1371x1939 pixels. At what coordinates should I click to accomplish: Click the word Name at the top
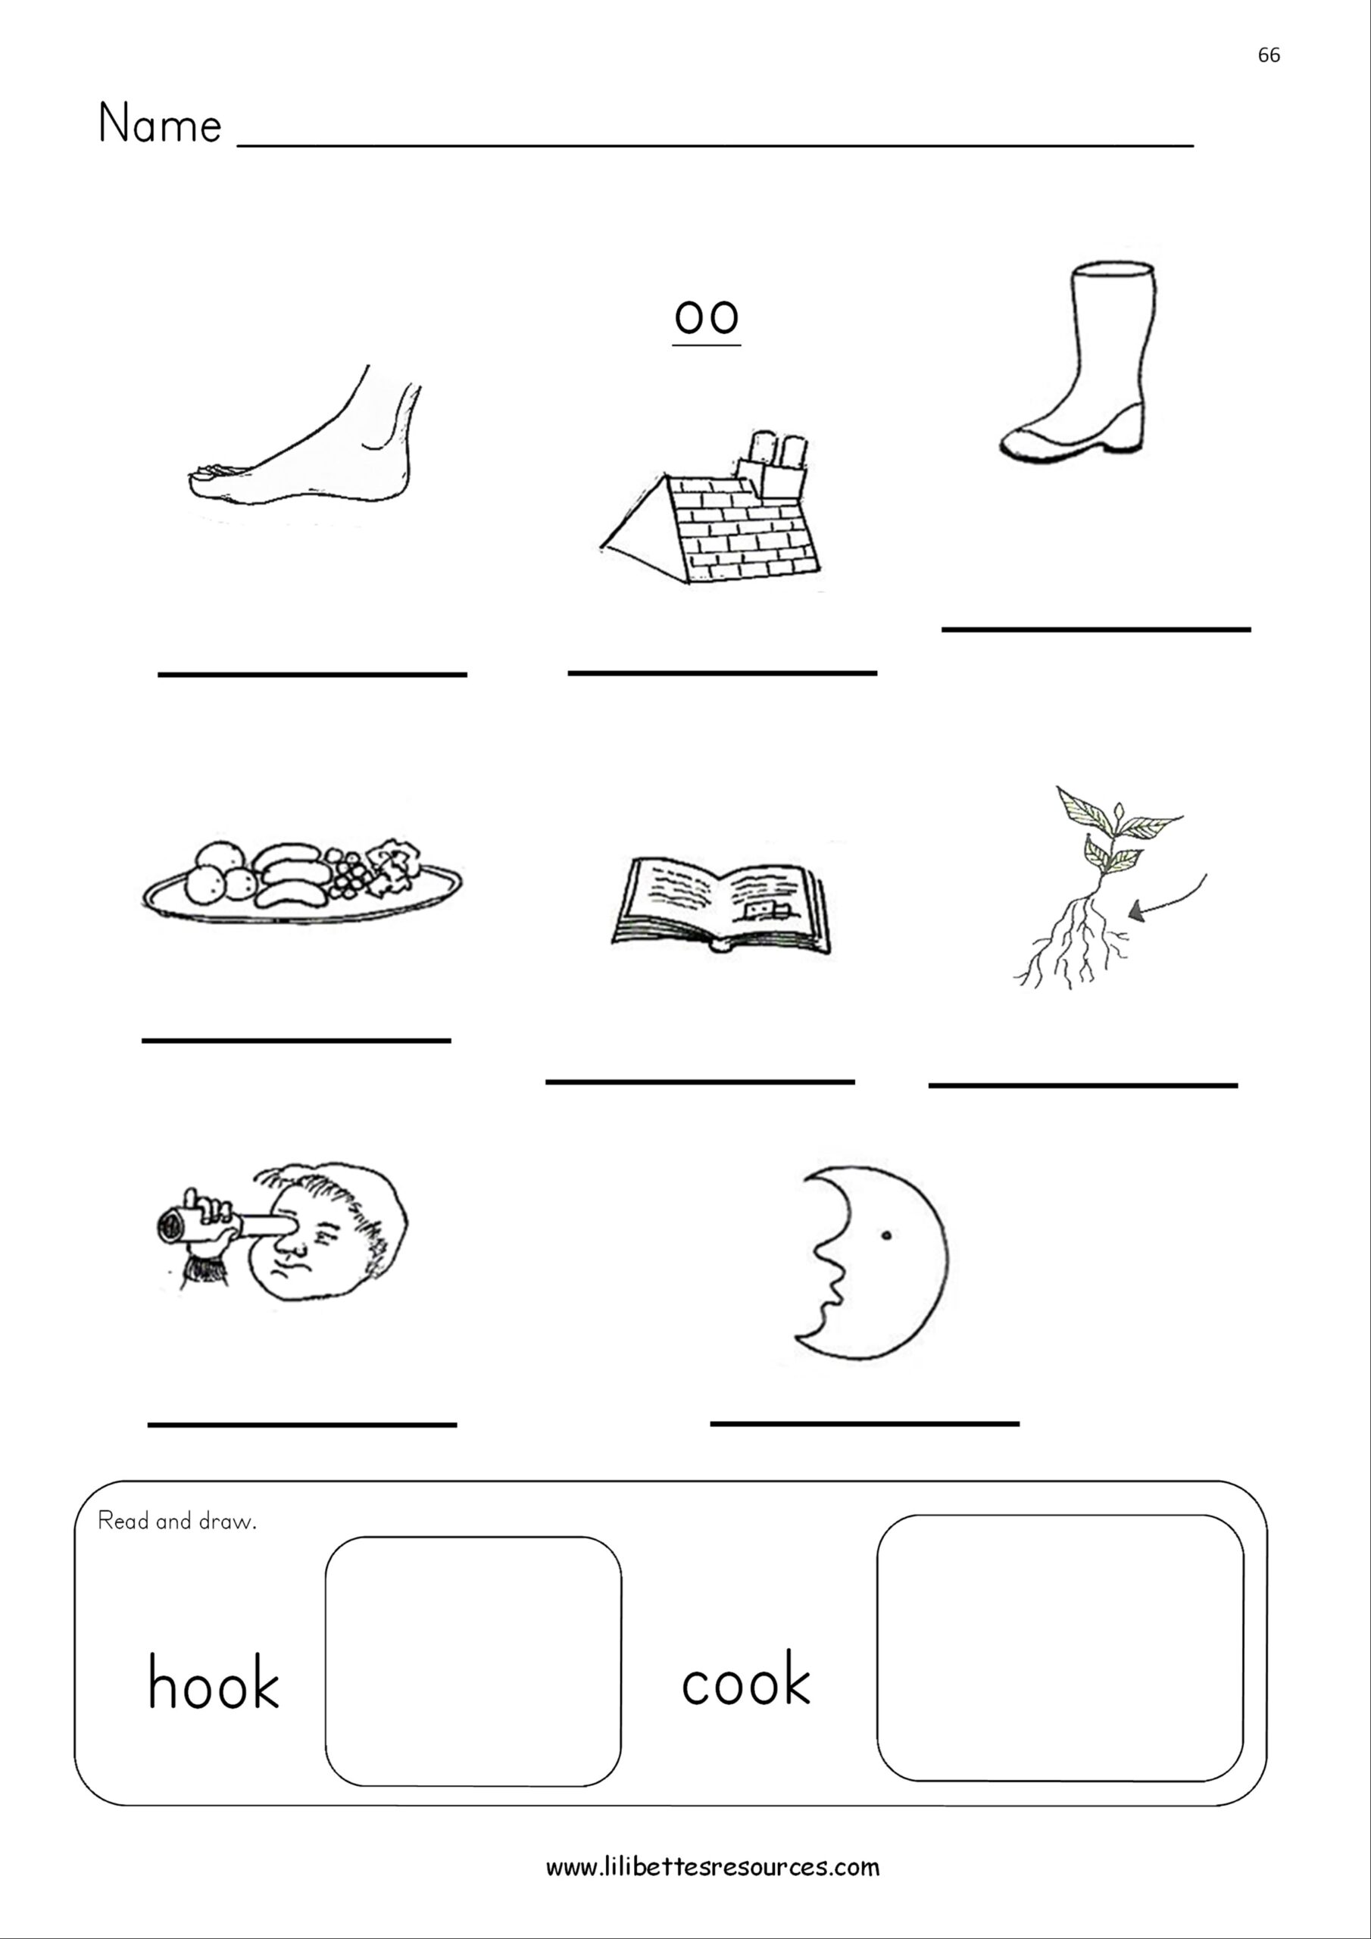[160, 124]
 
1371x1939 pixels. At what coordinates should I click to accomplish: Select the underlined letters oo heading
[706, 317]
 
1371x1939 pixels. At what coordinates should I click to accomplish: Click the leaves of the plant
[1113, 832]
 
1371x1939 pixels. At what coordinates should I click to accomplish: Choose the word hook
[213, 1682]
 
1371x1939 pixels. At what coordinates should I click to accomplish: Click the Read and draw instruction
[176, 1522]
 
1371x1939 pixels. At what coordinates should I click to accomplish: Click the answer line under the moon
[864, 1424]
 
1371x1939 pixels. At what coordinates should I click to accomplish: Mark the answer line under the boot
[1095, 629]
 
